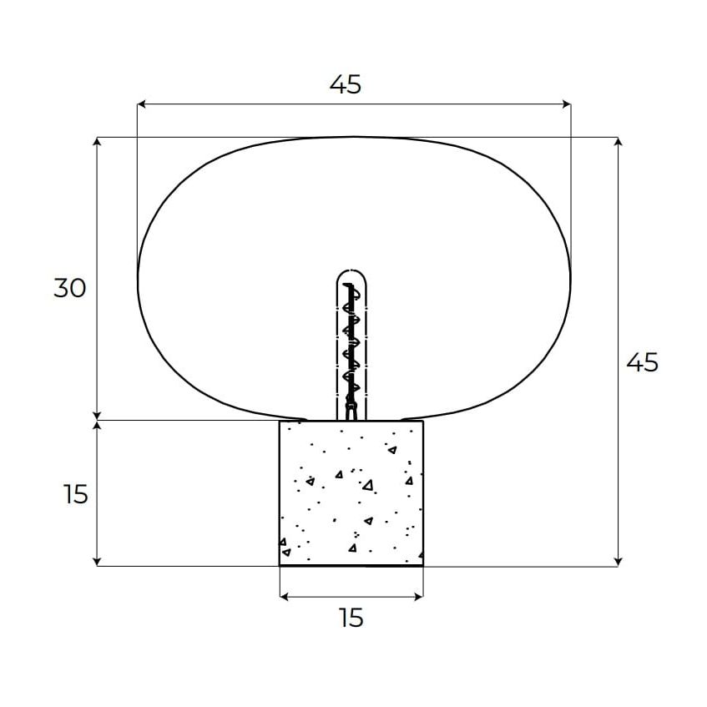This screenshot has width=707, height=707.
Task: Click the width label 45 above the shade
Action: [x=346, y=84]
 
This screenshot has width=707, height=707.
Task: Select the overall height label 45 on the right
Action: [x=643, y=362]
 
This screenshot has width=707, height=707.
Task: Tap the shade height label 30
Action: [x=70, y=288]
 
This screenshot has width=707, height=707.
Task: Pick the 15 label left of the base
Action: [x=75, y=494]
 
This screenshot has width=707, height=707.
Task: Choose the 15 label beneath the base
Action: [x=351, y=618]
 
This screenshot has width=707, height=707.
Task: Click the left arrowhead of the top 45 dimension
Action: [x=141, y=104]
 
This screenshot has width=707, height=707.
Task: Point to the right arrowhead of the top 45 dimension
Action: [x=567, y=104]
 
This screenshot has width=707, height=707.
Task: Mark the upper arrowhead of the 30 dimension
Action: [x=97, y=141]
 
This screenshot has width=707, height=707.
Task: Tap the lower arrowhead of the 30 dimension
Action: [x=97, y=416]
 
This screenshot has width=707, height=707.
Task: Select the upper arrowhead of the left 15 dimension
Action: [x=97, y=426]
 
